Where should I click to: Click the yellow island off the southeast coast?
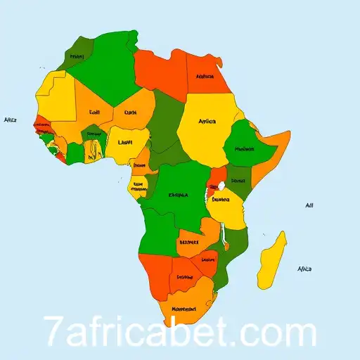point(272,260)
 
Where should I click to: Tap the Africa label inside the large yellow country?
point(207,121)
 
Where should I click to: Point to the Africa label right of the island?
point(304,269)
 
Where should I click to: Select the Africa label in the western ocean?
point(10,120)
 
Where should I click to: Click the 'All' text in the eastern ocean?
point(309,205)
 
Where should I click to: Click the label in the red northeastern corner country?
point(205,76)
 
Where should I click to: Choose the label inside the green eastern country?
point(245,149)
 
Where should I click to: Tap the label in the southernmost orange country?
point(184,307)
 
